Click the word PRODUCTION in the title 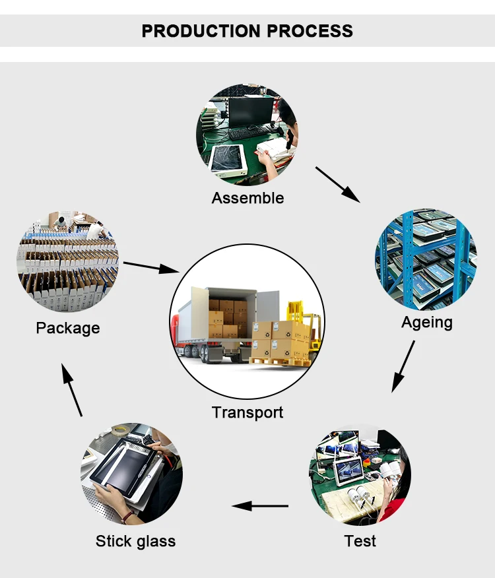(x=201, y=31)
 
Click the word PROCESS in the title (x=310, y=31)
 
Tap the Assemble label (x=248, y=198)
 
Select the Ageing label (x=427, y=323)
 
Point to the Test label (x=360, y=541)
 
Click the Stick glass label (x=135, y=542)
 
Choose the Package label (x=68, y=328)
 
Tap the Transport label (x=247, y=412)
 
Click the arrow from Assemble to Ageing (x=337, y=185)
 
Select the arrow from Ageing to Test (x=403, y=367)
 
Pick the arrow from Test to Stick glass (x=260, y=506)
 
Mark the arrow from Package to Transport (x=151, y=267)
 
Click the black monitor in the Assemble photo (x=251, y=112)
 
